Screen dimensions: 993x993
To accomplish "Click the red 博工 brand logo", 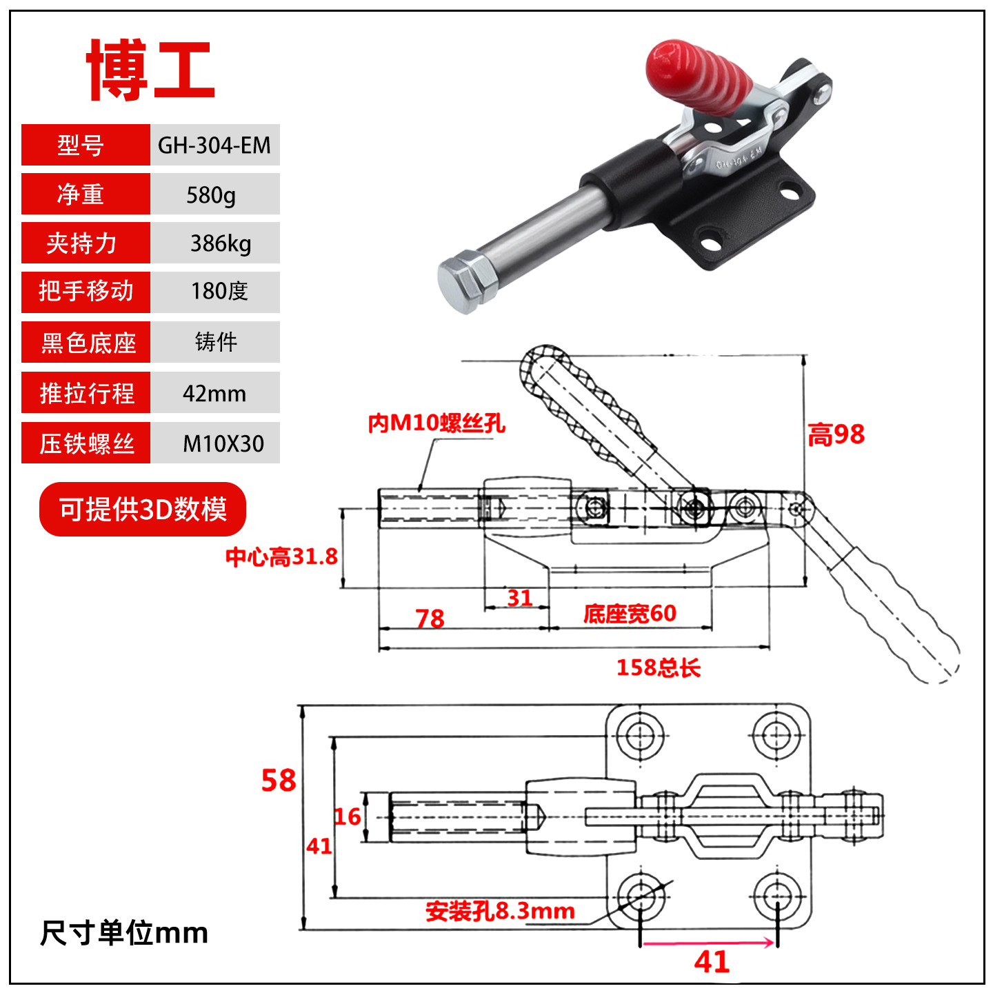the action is [150, 70].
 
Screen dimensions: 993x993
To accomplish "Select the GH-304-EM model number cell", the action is [214, 145].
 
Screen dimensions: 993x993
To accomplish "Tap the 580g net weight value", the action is [214, 194].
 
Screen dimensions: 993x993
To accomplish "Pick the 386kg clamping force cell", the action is [214, 243].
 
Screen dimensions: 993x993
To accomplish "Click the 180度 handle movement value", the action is [214, 292].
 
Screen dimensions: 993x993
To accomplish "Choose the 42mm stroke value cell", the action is [214, 392].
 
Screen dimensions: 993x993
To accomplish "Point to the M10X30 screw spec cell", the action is [214, 443].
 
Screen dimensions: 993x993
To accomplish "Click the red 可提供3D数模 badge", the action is [143, 509].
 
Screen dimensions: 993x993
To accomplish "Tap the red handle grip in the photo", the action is [698, 77].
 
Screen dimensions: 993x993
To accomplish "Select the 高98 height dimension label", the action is [836, 434].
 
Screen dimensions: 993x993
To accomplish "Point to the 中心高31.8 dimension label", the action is [281, 557].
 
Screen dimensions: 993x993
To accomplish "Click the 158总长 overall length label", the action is [659, 668].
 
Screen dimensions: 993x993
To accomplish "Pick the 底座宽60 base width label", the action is [630, 613].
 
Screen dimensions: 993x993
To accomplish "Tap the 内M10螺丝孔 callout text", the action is [437, 423].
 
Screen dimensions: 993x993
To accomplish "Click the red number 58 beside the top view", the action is [279, 781].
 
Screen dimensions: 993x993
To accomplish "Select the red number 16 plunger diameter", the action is [348, 816].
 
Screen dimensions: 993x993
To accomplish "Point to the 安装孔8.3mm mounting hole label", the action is [500, 911].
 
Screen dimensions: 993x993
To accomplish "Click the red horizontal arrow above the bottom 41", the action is [709, 943].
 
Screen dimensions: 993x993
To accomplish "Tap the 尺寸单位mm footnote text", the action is [124, 933].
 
